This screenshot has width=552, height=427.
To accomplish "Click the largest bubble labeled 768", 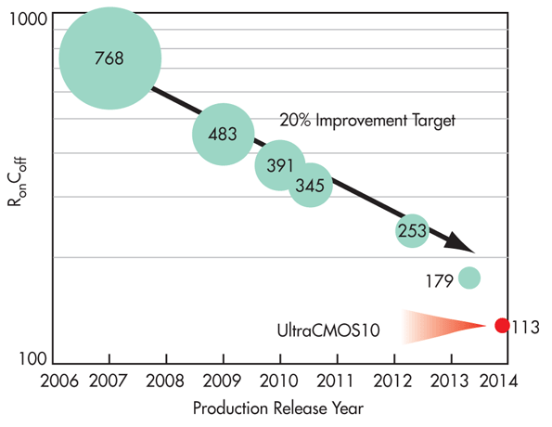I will pos(109,58).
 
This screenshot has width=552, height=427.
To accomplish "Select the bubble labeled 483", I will pos(223,134).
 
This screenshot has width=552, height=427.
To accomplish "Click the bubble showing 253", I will pos(411,230).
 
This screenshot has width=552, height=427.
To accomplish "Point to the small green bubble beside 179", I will pos(469,277).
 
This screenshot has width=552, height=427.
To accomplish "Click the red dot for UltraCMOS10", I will pos(502,325).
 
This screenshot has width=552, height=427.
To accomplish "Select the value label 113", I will pos(525,326).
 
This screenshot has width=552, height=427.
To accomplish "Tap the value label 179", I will pos(439,278).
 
